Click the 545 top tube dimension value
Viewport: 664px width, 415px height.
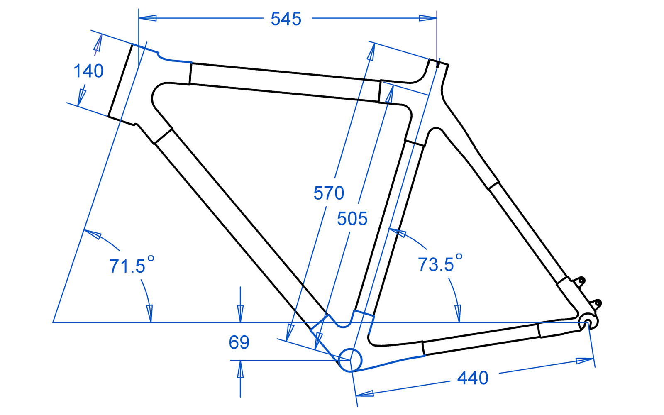coord(286,19)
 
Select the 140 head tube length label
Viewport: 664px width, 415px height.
coord(88,71)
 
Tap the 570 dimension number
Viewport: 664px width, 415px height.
coord(329,193)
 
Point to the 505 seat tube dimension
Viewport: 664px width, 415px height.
coord(352,219)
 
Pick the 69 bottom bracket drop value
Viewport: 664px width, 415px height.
coord(239,342)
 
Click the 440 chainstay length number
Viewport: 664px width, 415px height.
coord(473,378)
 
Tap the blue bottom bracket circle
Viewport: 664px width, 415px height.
coord(350,360)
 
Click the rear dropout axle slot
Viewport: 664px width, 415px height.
coord(587,323)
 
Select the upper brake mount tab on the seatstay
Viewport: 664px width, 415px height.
coord(581,281)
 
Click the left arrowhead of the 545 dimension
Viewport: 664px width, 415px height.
coord(147,18)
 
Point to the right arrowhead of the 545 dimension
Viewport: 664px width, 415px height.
coord(428,18)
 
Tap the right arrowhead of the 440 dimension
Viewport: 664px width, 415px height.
coord(585,361)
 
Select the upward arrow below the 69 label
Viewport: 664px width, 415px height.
coord(240,369)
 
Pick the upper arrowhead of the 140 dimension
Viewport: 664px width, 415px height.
coord(98,44)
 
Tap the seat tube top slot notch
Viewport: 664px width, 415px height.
coord(438,64)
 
